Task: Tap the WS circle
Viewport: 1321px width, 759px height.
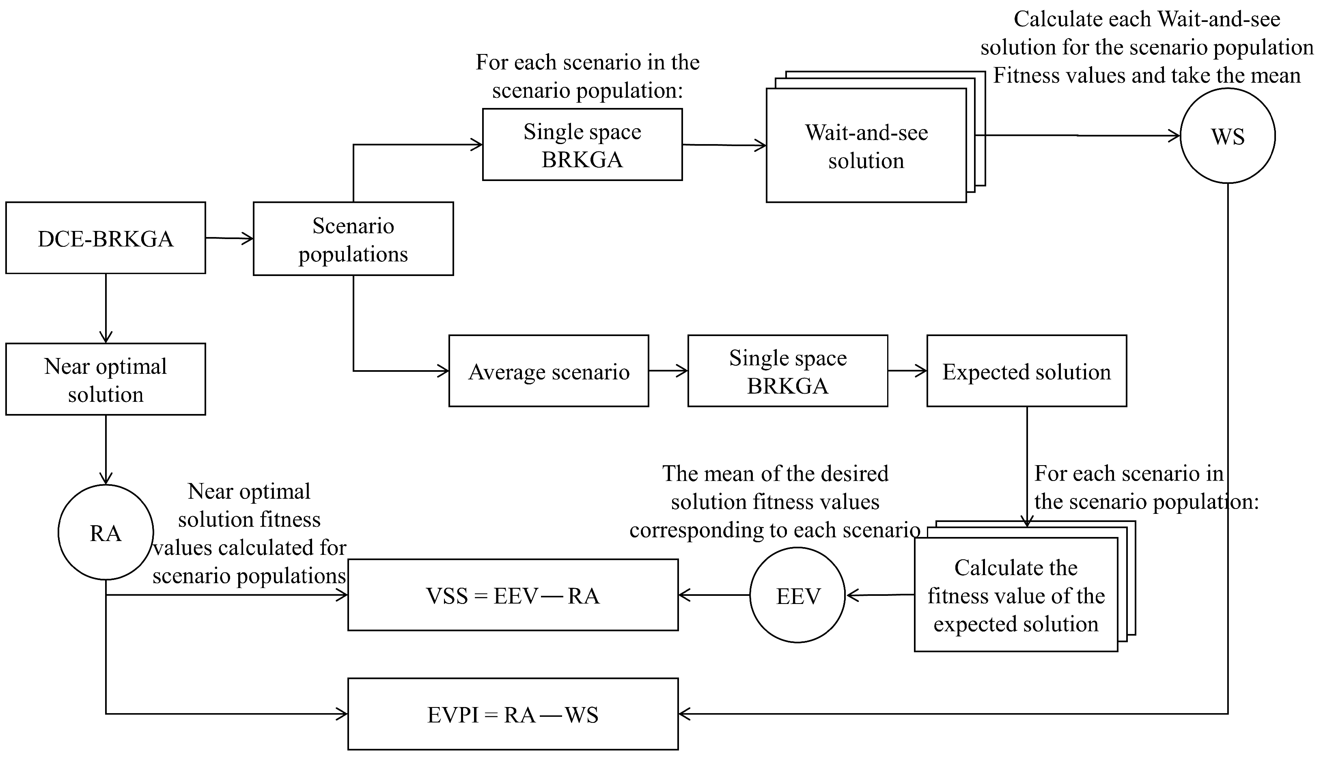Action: [1227, 136]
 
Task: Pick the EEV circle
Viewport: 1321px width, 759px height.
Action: [797, 595]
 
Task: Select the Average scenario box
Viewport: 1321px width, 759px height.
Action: [548, 371]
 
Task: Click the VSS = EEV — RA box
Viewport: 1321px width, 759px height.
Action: [513, 595]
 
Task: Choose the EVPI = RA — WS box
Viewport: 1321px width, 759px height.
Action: [513, 714]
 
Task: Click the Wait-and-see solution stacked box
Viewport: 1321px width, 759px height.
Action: [866, 146]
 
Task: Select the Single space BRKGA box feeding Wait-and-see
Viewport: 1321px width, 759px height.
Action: [582, 145]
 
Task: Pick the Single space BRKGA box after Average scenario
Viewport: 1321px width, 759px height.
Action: [787, 371]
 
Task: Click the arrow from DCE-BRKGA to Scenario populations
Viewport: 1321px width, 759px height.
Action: [229, 239]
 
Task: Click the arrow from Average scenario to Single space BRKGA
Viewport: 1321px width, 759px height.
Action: [668, 371]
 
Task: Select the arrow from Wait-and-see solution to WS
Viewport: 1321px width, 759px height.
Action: [1079, 136]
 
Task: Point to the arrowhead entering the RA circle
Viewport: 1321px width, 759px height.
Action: [106, 479]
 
